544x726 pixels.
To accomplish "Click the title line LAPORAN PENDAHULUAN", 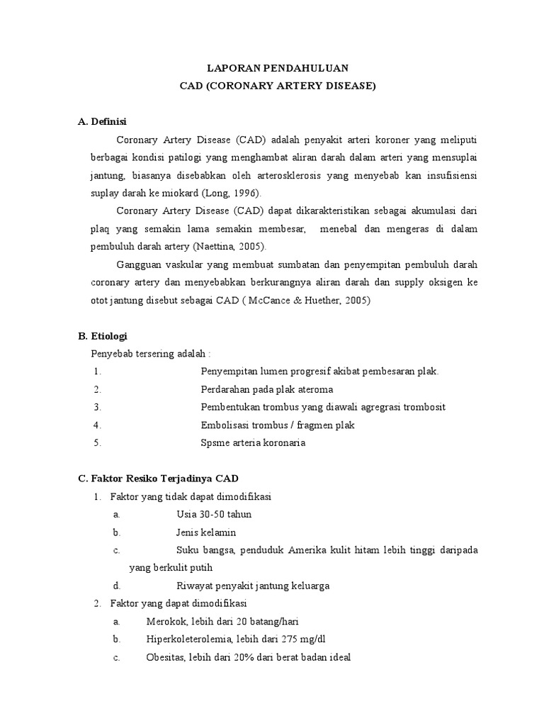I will (x=277, y=68).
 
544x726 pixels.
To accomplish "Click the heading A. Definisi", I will (x=102, y=121).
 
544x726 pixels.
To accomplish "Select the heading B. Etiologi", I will (x=103, y=335).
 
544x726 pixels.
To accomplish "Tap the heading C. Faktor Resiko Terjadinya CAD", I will (x=163, y=479).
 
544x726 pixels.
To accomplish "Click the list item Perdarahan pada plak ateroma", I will (x=267, y=389).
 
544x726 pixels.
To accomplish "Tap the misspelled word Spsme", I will (x=215, y=442).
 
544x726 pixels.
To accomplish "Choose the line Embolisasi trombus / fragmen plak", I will (x=278, y=425).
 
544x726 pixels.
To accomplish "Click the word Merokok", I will (x=165, y=621).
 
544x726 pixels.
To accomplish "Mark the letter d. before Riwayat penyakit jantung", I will (x=116, y=586).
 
